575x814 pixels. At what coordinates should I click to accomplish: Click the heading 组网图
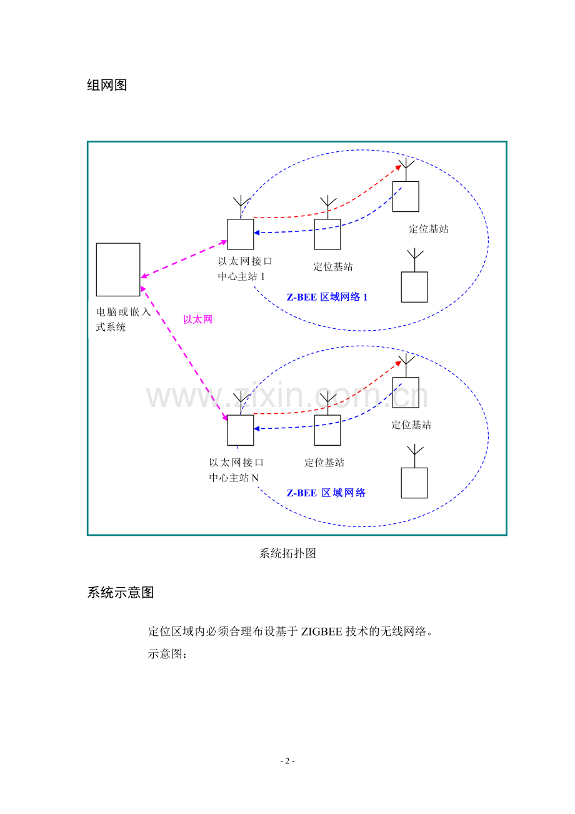(107, 85)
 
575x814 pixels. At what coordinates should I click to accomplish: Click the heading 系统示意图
(120, 592)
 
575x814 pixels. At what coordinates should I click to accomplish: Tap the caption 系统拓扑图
(287, 553)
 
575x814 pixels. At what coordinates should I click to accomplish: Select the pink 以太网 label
(197, 319)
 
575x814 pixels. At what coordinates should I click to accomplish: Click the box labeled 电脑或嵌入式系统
(118, 269)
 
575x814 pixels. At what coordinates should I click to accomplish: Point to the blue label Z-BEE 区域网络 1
(327, 297)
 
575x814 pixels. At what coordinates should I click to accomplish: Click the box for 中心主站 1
(241, 234)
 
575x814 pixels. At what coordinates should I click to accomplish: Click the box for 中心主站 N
(241, 430)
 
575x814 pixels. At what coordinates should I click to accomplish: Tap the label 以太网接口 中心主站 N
(236, 470)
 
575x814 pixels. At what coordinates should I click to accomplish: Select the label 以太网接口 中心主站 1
(245, 269)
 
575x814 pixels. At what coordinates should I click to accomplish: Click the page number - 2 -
(287, 761)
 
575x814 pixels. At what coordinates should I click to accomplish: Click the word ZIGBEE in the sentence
(321, 631)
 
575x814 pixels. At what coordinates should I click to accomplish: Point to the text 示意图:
(167, 654)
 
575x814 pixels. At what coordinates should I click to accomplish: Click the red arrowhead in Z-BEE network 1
(398, 168)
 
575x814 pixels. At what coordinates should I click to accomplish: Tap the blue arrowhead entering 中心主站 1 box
(257, 233)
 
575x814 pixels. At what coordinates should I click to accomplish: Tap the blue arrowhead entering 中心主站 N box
(257, 429)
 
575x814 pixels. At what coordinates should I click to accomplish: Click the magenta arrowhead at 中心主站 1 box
(224, 243)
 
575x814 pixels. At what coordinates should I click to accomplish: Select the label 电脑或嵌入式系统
(123, 319)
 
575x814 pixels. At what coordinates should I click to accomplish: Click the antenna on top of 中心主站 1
(241, 207)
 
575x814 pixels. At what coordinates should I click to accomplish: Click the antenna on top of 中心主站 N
(241, 403)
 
